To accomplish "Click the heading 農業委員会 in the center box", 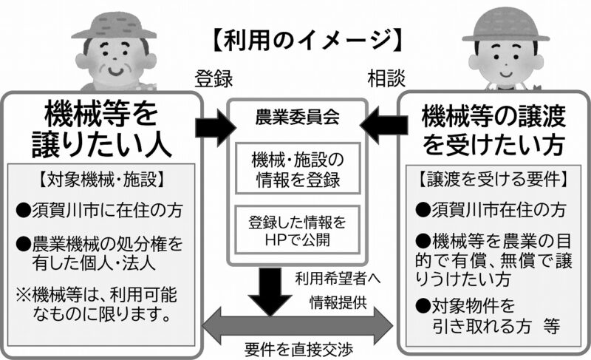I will pos(296,116).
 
